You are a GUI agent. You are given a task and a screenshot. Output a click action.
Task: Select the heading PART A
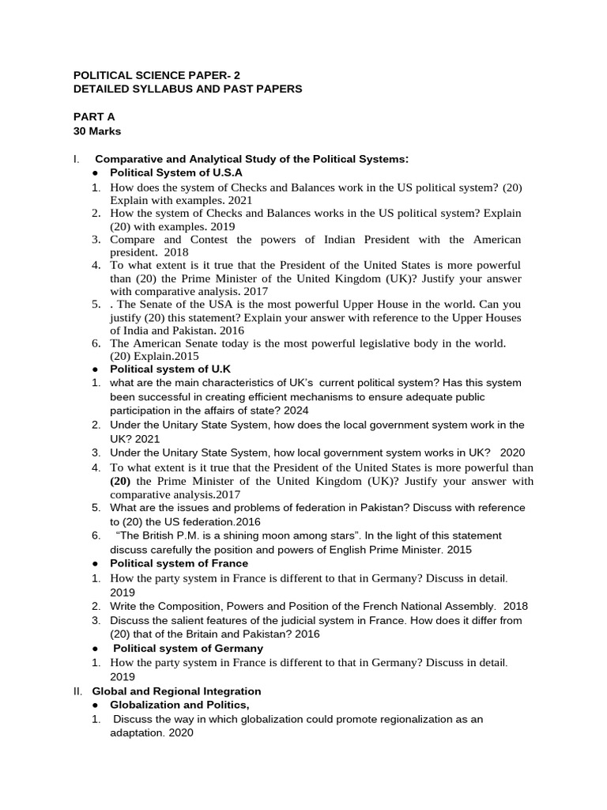click(x=94, y=116)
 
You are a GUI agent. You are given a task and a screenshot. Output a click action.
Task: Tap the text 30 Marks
click(x=97, y=131)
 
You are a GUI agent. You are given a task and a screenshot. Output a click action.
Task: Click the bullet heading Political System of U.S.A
click(x=175, y=172)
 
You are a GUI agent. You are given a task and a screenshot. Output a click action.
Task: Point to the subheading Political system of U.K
click(x=170, y=369)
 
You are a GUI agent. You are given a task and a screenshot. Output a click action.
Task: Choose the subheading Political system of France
click(x=179, y=563)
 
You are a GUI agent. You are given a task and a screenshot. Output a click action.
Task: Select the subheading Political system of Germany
click(x=187, y=648)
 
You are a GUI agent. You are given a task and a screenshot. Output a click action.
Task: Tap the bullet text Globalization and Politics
click(x=179, y=705)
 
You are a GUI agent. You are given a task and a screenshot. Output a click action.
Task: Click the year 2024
click(x=296, y=411)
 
